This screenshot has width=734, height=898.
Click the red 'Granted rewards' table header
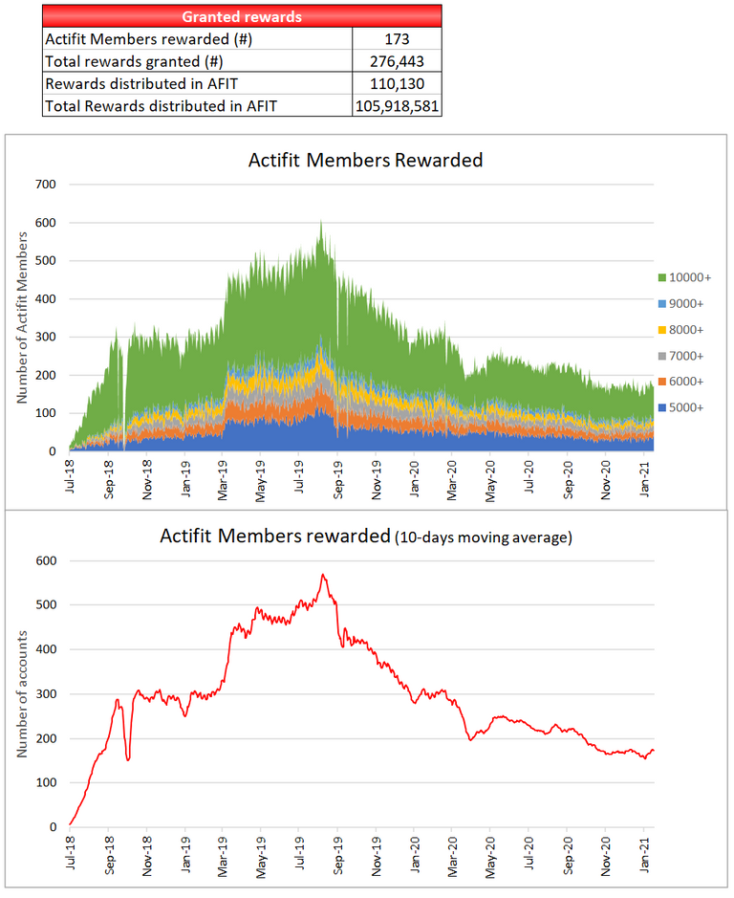(x=242, y=16)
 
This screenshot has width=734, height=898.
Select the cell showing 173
(x=397, y=39)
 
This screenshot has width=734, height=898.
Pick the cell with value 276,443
(x=397, y=61)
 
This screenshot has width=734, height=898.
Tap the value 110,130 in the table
(x=397, y=83)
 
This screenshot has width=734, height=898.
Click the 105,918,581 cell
(x=397, y=106)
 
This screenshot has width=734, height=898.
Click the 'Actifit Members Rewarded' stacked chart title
(x=366, y=161)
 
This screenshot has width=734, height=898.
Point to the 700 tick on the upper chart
(x=45, y=184)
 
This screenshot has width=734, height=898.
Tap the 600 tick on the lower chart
(x=45, y=560)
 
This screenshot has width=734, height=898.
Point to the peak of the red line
(x=323, y=575)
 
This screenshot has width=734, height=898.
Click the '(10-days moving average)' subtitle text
(x=483, y=538)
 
